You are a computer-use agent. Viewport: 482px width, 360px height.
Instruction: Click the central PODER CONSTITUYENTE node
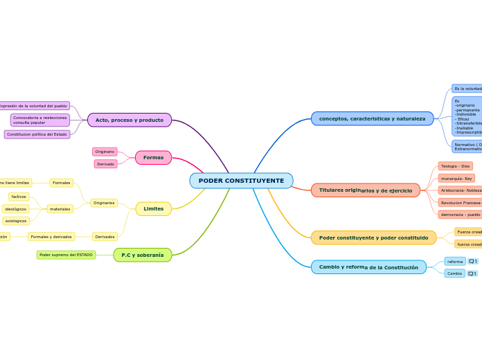(241, 181)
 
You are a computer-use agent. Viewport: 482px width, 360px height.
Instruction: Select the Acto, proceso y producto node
(130, 120)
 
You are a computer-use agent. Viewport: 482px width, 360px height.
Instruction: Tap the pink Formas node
(153, 157)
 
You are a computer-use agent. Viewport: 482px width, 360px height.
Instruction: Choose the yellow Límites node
(153, 208)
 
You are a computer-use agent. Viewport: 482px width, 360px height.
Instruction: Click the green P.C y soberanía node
(143, 255)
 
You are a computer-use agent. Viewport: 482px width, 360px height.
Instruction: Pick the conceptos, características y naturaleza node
(372, 118)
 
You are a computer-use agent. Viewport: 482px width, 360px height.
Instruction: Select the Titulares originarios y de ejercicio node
(365, 190)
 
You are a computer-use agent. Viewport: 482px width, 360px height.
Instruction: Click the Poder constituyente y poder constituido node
(373, 237)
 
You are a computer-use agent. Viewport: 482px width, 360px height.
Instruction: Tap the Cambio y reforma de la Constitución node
(368, 267)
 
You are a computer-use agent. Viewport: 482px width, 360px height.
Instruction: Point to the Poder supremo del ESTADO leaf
(66, 255)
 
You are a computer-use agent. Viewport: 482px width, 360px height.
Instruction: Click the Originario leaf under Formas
(105, 152)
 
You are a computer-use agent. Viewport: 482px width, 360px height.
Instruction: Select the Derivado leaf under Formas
(105, 164)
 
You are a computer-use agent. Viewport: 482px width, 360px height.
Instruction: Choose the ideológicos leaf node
(15, 208)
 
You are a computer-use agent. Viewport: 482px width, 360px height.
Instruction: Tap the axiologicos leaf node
(15, 221)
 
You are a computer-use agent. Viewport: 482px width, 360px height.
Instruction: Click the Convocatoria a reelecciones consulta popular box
(40, 120)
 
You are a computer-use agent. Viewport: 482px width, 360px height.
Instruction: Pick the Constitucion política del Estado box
(37, 134)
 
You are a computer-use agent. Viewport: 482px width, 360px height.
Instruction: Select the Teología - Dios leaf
(455, 166)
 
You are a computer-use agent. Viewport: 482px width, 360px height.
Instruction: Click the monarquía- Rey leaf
(456, 178)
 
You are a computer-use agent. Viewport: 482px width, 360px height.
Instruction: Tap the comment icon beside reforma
(472, 261)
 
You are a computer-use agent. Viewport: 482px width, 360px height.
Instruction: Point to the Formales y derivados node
(51, 236)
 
